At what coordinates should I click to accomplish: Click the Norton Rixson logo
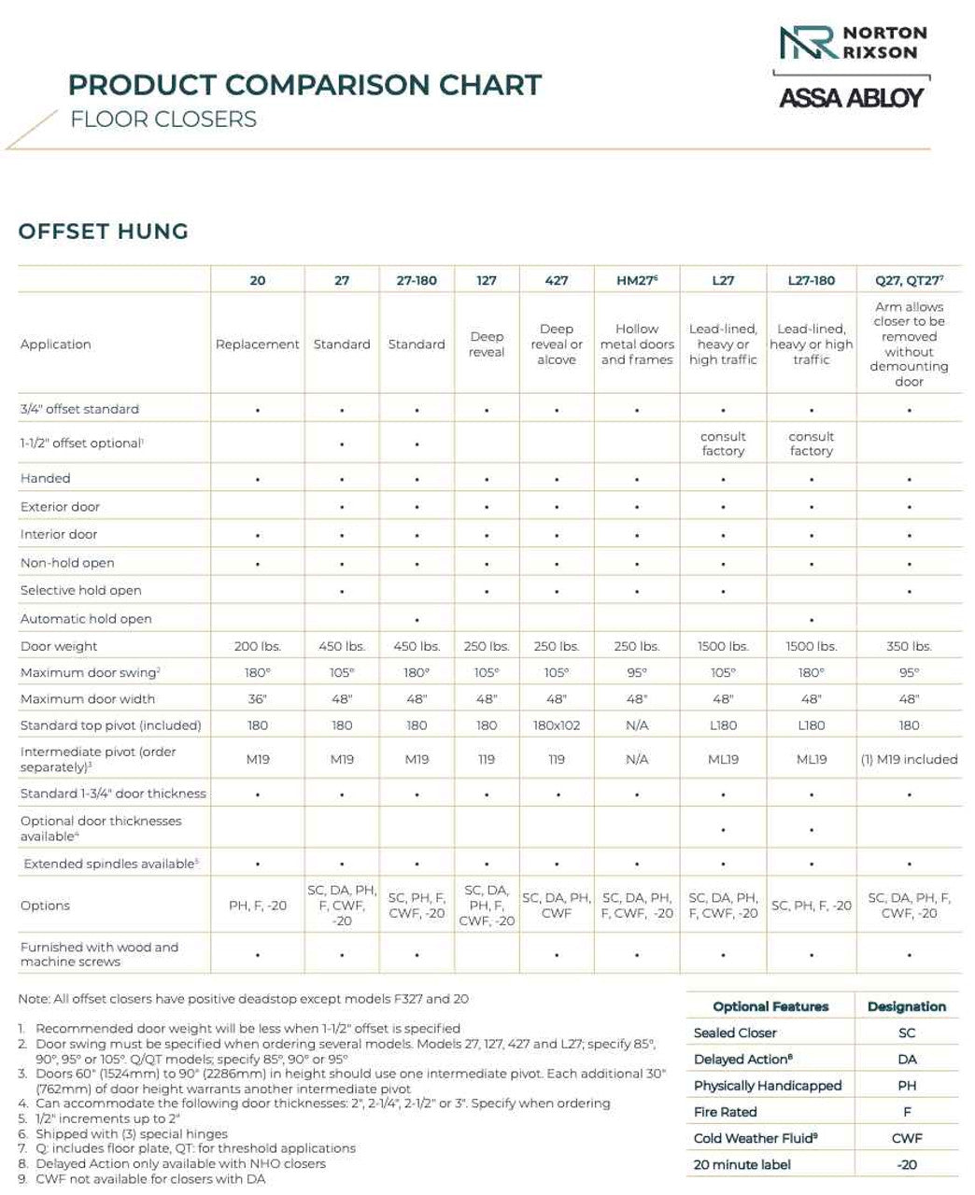852,43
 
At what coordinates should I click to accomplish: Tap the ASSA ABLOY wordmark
851,97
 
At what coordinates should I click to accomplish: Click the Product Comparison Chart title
304,85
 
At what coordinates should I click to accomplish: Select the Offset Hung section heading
103,232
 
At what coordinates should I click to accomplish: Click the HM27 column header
637,280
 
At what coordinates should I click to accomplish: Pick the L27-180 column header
811,280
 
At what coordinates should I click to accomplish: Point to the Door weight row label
59,646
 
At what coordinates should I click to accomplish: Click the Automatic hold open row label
86,618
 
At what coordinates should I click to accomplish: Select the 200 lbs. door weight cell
258,646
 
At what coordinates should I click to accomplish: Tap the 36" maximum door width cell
258,698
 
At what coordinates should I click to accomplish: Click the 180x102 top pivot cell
557,725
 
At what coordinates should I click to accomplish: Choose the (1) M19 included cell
909,759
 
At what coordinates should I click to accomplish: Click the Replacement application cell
258,344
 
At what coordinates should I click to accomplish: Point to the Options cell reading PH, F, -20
258,906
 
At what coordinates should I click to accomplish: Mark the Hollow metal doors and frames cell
637,344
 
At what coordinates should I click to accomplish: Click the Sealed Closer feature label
735,1033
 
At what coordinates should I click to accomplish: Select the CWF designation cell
907,1138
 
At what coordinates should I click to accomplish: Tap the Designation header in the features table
907,1006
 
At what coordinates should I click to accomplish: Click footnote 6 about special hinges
132,1133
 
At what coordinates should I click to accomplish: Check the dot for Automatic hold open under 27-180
417,619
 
